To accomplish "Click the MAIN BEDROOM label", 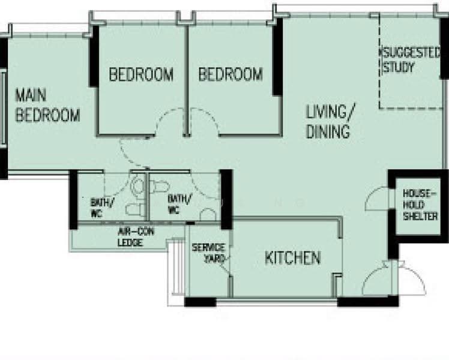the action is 47,105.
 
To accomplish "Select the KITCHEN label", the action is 293,257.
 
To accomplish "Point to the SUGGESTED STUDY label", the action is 410,61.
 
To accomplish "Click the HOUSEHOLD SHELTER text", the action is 420,205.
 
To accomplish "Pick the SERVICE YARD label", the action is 209,253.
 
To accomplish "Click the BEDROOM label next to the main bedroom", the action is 141,74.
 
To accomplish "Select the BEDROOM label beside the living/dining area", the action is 231,74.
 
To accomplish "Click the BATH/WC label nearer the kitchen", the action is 179,204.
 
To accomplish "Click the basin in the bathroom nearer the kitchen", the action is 208,215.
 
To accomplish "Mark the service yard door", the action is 223,265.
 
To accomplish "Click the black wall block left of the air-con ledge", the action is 73,199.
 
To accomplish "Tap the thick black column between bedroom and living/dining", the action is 277,56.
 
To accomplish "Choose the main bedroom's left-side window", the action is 3,108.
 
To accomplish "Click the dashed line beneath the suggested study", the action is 411,109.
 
